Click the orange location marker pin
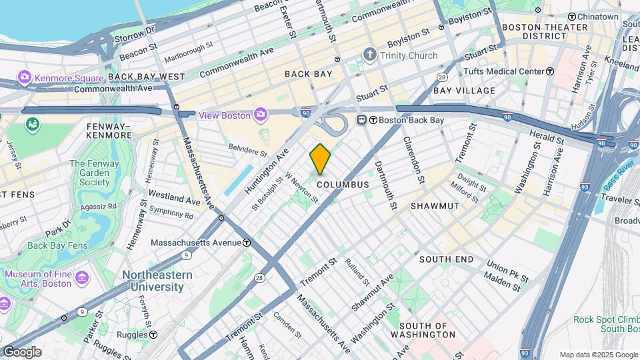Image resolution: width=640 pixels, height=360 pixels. point(320,159)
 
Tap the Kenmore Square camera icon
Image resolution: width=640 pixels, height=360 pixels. point(25,77)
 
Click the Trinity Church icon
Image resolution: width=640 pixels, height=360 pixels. point(370,55)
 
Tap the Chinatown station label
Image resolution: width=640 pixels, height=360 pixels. point(597,16)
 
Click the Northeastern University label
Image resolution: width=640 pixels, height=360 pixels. point(157,281)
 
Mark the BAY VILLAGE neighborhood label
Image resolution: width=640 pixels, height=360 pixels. point(464,90)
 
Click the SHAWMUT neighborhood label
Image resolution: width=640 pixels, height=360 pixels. point(435,206)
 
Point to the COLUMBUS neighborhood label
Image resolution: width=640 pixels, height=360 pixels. point(343,184)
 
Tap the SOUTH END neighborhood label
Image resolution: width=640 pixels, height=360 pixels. point(447,259)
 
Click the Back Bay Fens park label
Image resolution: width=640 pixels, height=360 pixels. point(58,245)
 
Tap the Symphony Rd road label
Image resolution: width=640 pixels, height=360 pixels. point(171,212)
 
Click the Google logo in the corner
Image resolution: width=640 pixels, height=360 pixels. point(21,352)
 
